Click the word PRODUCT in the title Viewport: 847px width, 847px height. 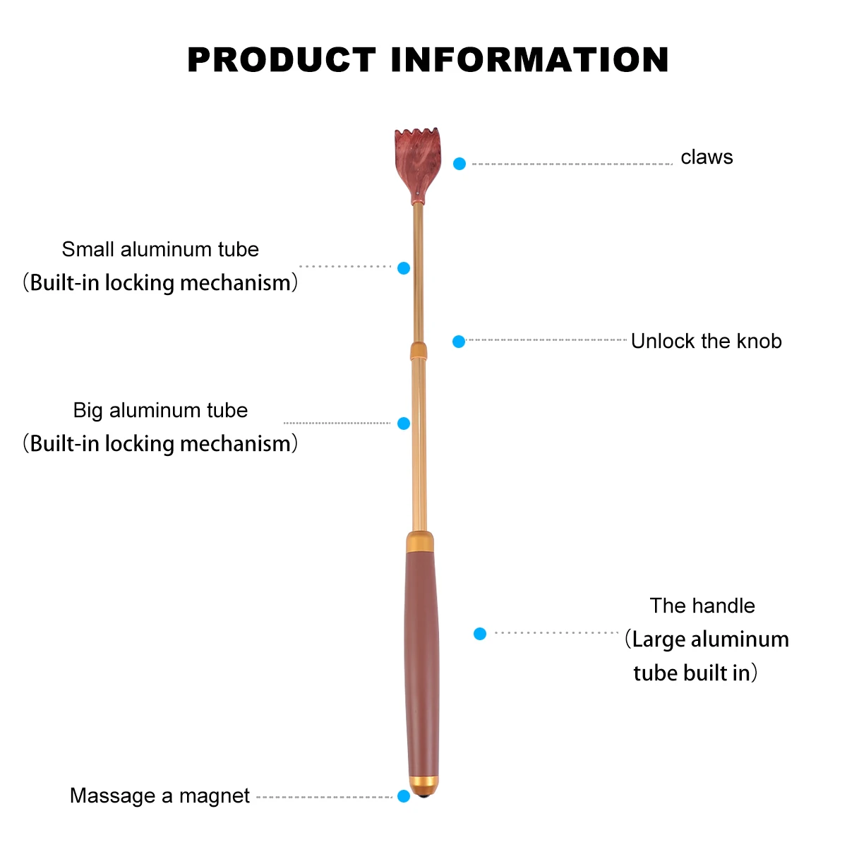tap(281, 60)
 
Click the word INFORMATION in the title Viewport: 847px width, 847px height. tap(529, 60)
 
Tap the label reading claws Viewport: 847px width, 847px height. tap(707, 157)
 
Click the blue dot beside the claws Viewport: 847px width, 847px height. tap(459, 164)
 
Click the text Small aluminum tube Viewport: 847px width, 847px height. tap(160, 249)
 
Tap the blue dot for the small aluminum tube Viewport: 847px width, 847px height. tap(404, 268)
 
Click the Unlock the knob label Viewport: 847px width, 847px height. tap(706, 342)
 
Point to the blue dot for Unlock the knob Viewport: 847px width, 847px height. tap(459, 342)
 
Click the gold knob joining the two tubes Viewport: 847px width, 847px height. tap(419, 351)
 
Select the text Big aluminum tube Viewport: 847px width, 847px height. tap(160, 410)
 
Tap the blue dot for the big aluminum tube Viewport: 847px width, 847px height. tap(404, 423)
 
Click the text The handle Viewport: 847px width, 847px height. tap(702, 606)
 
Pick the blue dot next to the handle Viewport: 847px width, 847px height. tap(480, 634)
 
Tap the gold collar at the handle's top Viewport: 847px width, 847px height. tap(420, 542)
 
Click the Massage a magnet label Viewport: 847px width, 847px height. tap(160, 796)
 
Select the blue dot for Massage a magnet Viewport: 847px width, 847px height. tap(404, 796)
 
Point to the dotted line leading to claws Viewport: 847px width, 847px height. tap(572, 164)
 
